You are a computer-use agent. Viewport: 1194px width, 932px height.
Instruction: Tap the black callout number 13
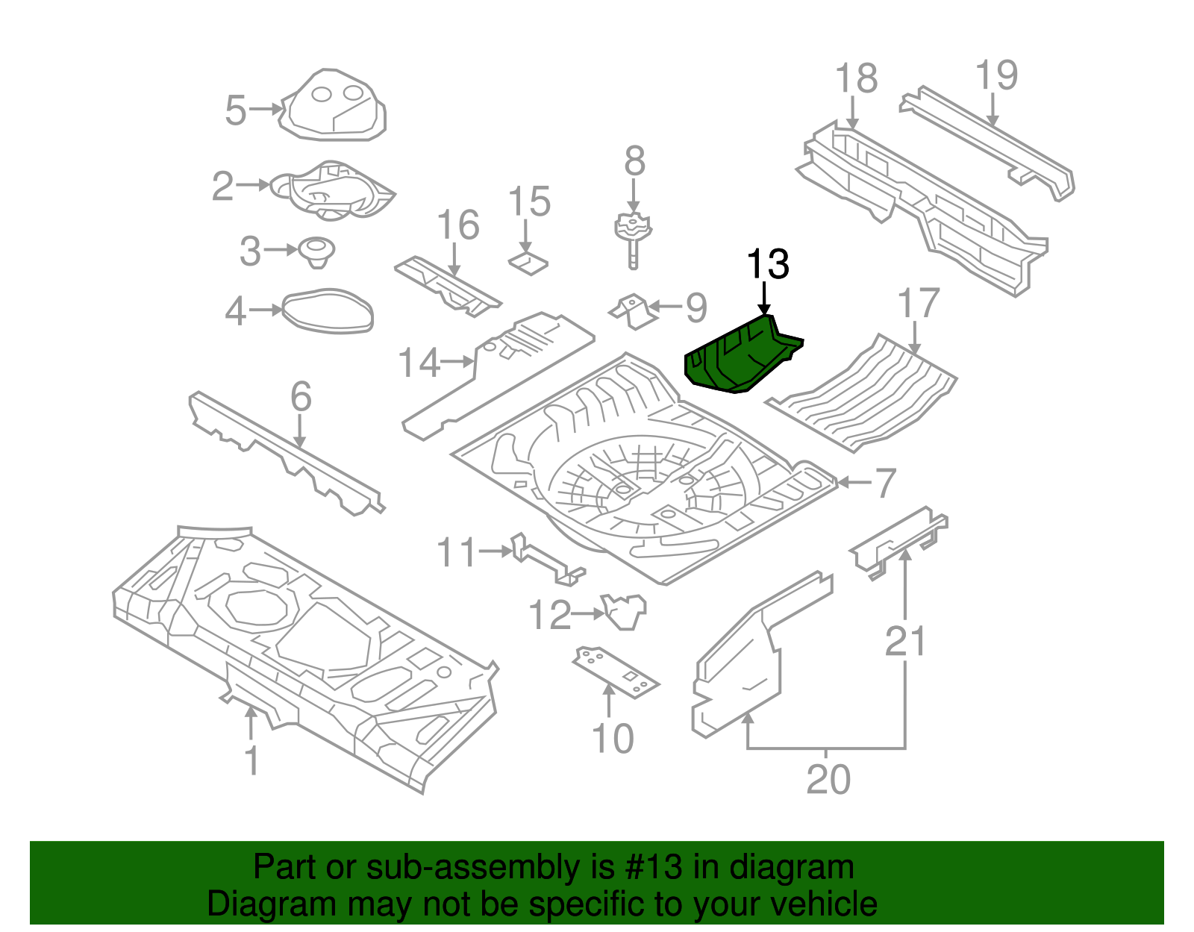(x=768, y=265)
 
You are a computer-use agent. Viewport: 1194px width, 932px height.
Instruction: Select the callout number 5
(x=236, y=110)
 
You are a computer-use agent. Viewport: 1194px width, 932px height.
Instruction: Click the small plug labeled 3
(x=317, y=251)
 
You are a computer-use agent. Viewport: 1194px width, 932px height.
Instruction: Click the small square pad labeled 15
(x=528, y=263)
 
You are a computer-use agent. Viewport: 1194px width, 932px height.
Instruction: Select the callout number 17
(x=918, y=304)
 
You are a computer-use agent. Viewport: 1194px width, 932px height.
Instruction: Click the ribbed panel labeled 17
(x=866, y=395)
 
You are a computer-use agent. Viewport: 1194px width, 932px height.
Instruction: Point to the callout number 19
(x=996, y=75)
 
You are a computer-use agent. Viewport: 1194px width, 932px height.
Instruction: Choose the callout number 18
(x=856, y=78)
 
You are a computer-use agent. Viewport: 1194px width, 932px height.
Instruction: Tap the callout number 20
(x=828, y=780)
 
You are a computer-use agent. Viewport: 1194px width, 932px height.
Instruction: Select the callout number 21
(x=905, y=642)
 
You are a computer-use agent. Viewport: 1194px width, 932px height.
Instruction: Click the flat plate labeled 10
(x=616, y=672)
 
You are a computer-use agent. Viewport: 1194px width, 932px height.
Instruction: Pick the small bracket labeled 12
(x=624, y=610)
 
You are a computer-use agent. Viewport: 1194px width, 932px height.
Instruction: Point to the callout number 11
(x=456, y=553)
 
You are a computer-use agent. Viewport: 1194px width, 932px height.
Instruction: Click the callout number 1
(x=251, y=760)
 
